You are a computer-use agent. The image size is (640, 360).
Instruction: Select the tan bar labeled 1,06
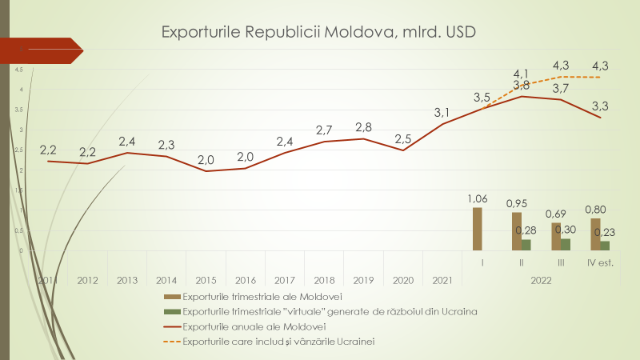coord(478,230)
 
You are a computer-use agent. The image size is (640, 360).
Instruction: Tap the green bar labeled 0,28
coord(526,246)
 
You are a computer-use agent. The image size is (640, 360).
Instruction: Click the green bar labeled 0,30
coord(566,245)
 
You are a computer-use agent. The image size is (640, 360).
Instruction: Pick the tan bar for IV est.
coord(595,234)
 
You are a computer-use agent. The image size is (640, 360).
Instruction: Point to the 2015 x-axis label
coord(206,280)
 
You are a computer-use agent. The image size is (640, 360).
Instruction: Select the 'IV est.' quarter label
coord(600,262)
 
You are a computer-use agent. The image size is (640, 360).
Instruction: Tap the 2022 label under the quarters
coord(541,280)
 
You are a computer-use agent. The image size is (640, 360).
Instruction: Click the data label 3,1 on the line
coord(442,112)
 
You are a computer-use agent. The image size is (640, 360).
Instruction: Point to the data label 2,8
coord(363,126)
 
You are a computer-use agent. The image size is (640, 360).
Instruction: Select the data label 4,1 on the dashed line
coord(522,74)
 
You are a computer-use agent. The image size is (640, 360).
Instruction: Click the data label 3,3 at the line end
coord(599,105)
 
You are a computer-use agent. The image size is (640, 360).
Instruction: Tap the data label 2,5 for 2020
coord(402,138)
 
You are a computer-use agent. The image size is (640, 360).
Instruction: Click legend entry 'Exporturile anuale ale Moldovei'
coord(256,326)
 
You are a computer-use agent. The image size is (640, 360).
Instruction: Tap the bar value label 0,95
coord(517,203)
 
